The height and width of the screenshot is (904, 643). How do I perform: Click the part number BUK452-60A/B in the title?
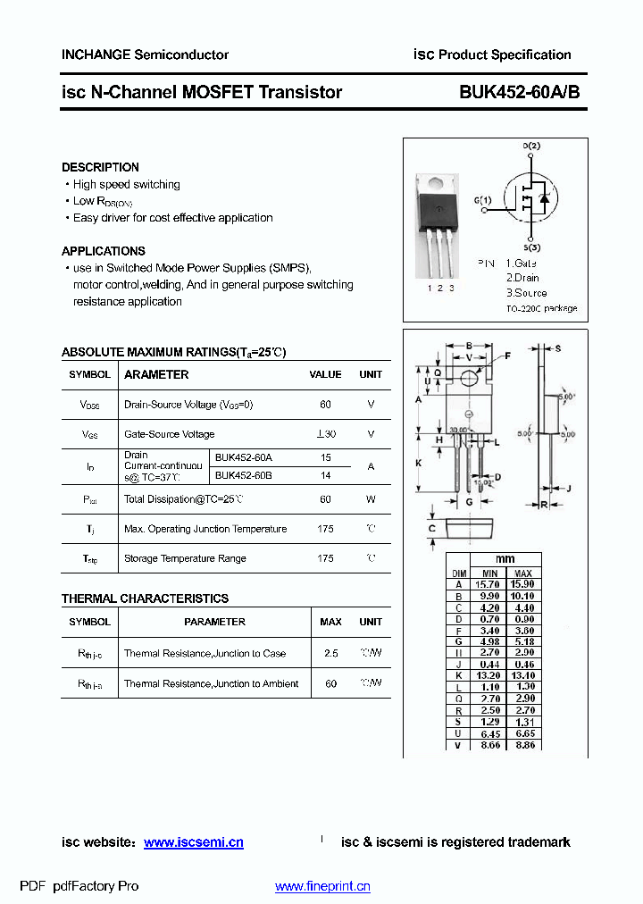(520, 92)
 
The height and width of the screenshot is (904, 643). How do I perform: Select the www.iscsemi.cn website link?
(193, 842)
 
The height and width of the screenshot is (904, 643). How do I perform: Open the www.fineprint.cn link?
(322, 886)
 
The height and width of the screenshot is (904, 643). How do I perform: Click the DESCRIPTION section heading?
(100, 167)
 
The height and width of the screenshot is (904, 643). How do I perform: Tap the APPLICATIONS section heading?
(104, 251)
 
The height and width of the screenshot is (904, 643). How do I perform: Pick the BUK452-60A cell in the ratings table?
(244, 457)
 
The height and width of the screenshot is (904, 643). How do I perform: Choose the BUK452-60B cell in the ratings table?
(244, 475)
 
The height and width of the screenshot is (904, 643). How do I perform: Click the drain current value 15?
(325, 457)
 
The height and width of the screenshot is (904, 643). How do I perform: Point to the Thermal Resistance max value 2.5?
(330, 653)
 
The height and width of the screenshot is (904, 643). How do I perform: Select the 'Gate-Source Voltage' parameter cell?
(170, 434)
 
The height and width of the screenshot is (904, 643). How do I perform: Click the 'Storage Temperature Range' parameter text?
(185, 558)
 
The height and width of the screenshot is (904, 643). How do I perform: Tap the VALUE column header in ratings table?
(325, 375)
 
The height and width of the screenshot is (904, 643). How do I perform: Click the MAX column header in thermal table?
(330, 622)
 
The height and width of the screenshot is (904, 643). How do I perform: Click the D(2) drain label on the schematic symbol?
(531, 146)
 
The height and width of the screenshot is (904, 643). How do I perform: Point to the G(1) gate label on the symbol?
(482, 200)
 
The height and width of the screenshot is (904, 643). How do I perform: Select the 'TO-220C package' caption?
(541, 308)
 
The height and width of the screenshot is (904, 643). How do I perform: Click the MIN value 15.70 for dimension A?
(489, 583)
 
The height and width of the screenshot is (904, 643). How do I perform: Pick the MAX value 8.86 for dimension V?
(524, 744)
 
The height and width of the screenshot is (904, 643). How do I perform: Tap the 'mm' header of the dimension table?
(505, 560)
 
